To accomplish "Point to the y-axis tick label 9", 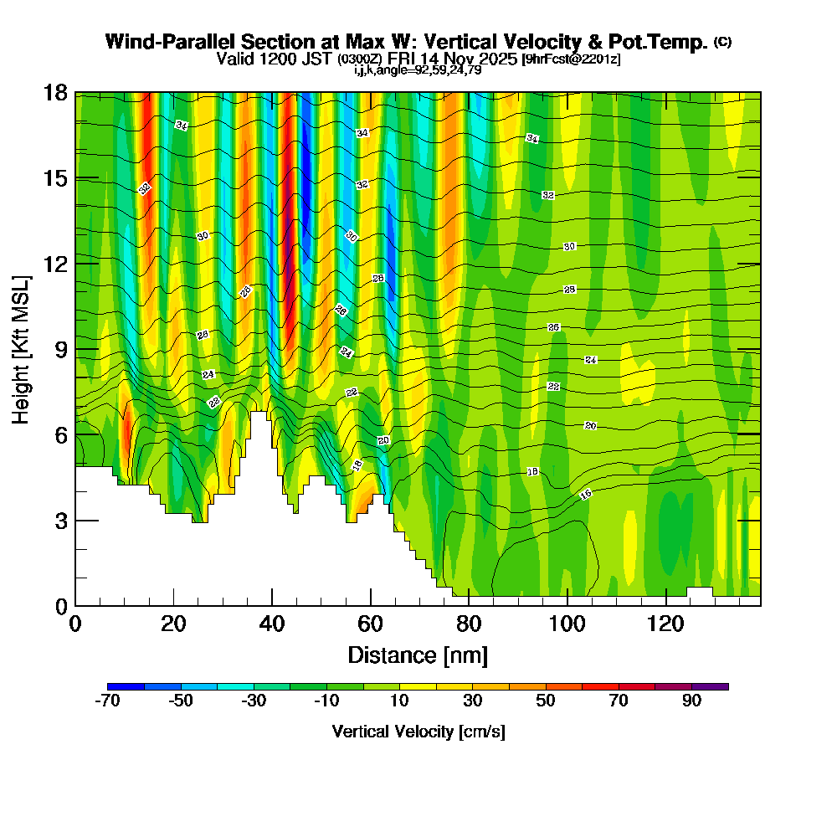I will click(x=60, y=350).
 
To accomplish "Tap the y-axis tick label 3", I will click(x=60, y=521).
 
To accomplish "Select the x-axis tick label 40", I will click(x=272, y=624).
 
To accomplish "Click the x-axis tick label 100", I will click(x=567, y=624).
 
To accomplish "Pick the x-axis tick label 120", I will click(x=665, y=624).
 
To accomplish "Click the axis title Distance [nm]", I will click(x=418, y=655).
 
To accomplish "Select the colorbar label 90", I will click(x=691, y=701).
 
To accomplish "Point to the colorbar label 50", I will click(x=546, y=701).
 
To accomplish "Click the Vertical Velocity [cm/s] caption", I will click(x=418, y=732).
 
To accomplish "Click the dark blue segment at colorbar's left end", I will click(x=126, y=686).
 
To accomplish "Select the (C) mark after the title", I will click(x=722, y=42).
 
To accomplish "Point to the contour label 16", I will click(x=586, y=495).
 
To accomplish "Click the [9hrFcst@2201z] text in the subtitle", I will click(x=571, y=59).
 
